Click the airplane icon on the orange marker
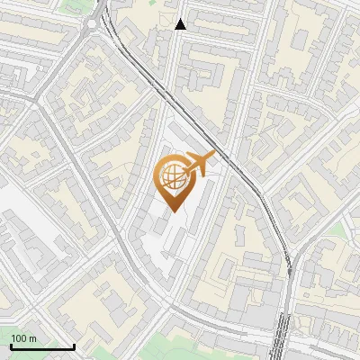pyautogui.click(x=200, y=163)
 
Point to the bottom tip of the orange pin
pyautogui.click(x=173, y=211)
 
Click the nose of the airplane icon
pyautogui.click(x=214, y=155)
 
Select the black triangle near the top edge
pyautogui.click(x=181, y=24)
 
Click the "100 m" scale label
pyautogui.click(x=23, y=338)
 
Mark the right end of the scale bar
pyautogui.click(x=74, y=346)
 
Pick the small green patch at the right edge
pyautogui.click(x=338, y=230)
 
